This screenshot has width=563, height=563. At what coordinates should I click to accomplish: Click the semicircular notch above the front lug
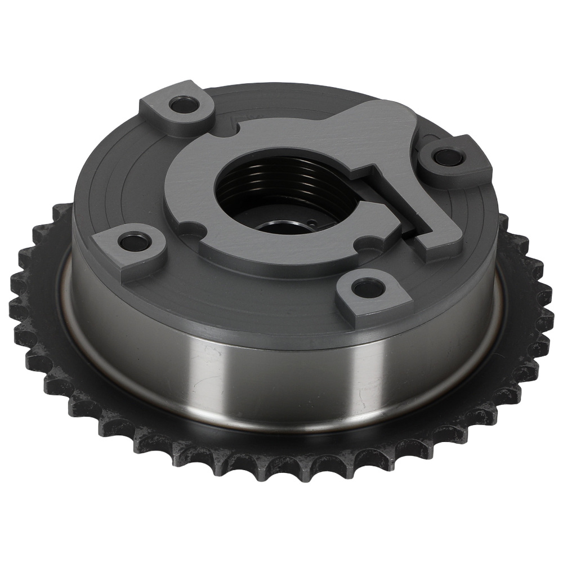tap(366, 243)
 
